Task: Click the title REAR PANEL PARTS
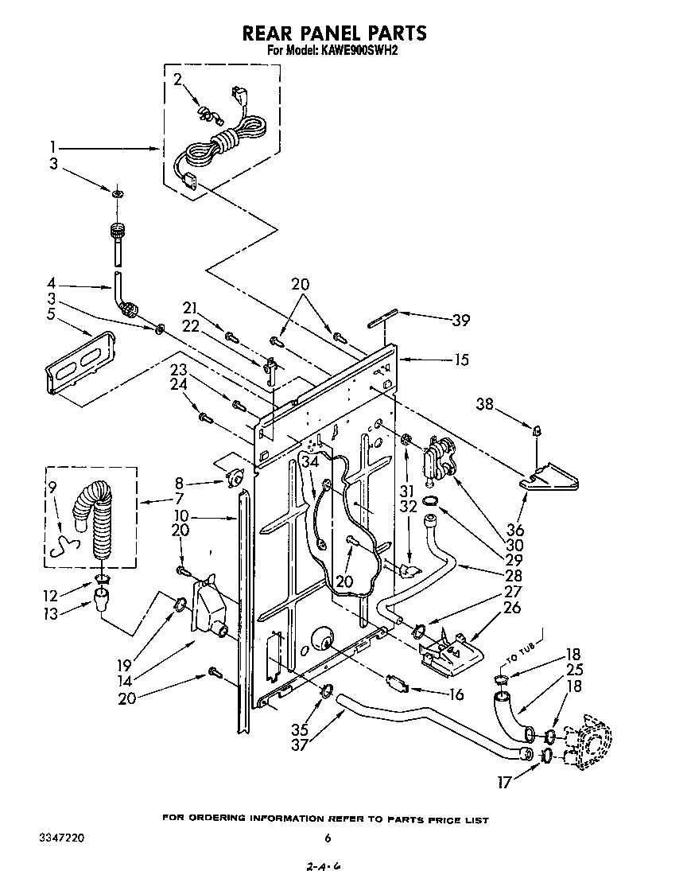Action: [334, 33]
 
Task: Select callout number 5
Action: [53, 313]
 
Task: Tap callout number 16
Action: [456, 694]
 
